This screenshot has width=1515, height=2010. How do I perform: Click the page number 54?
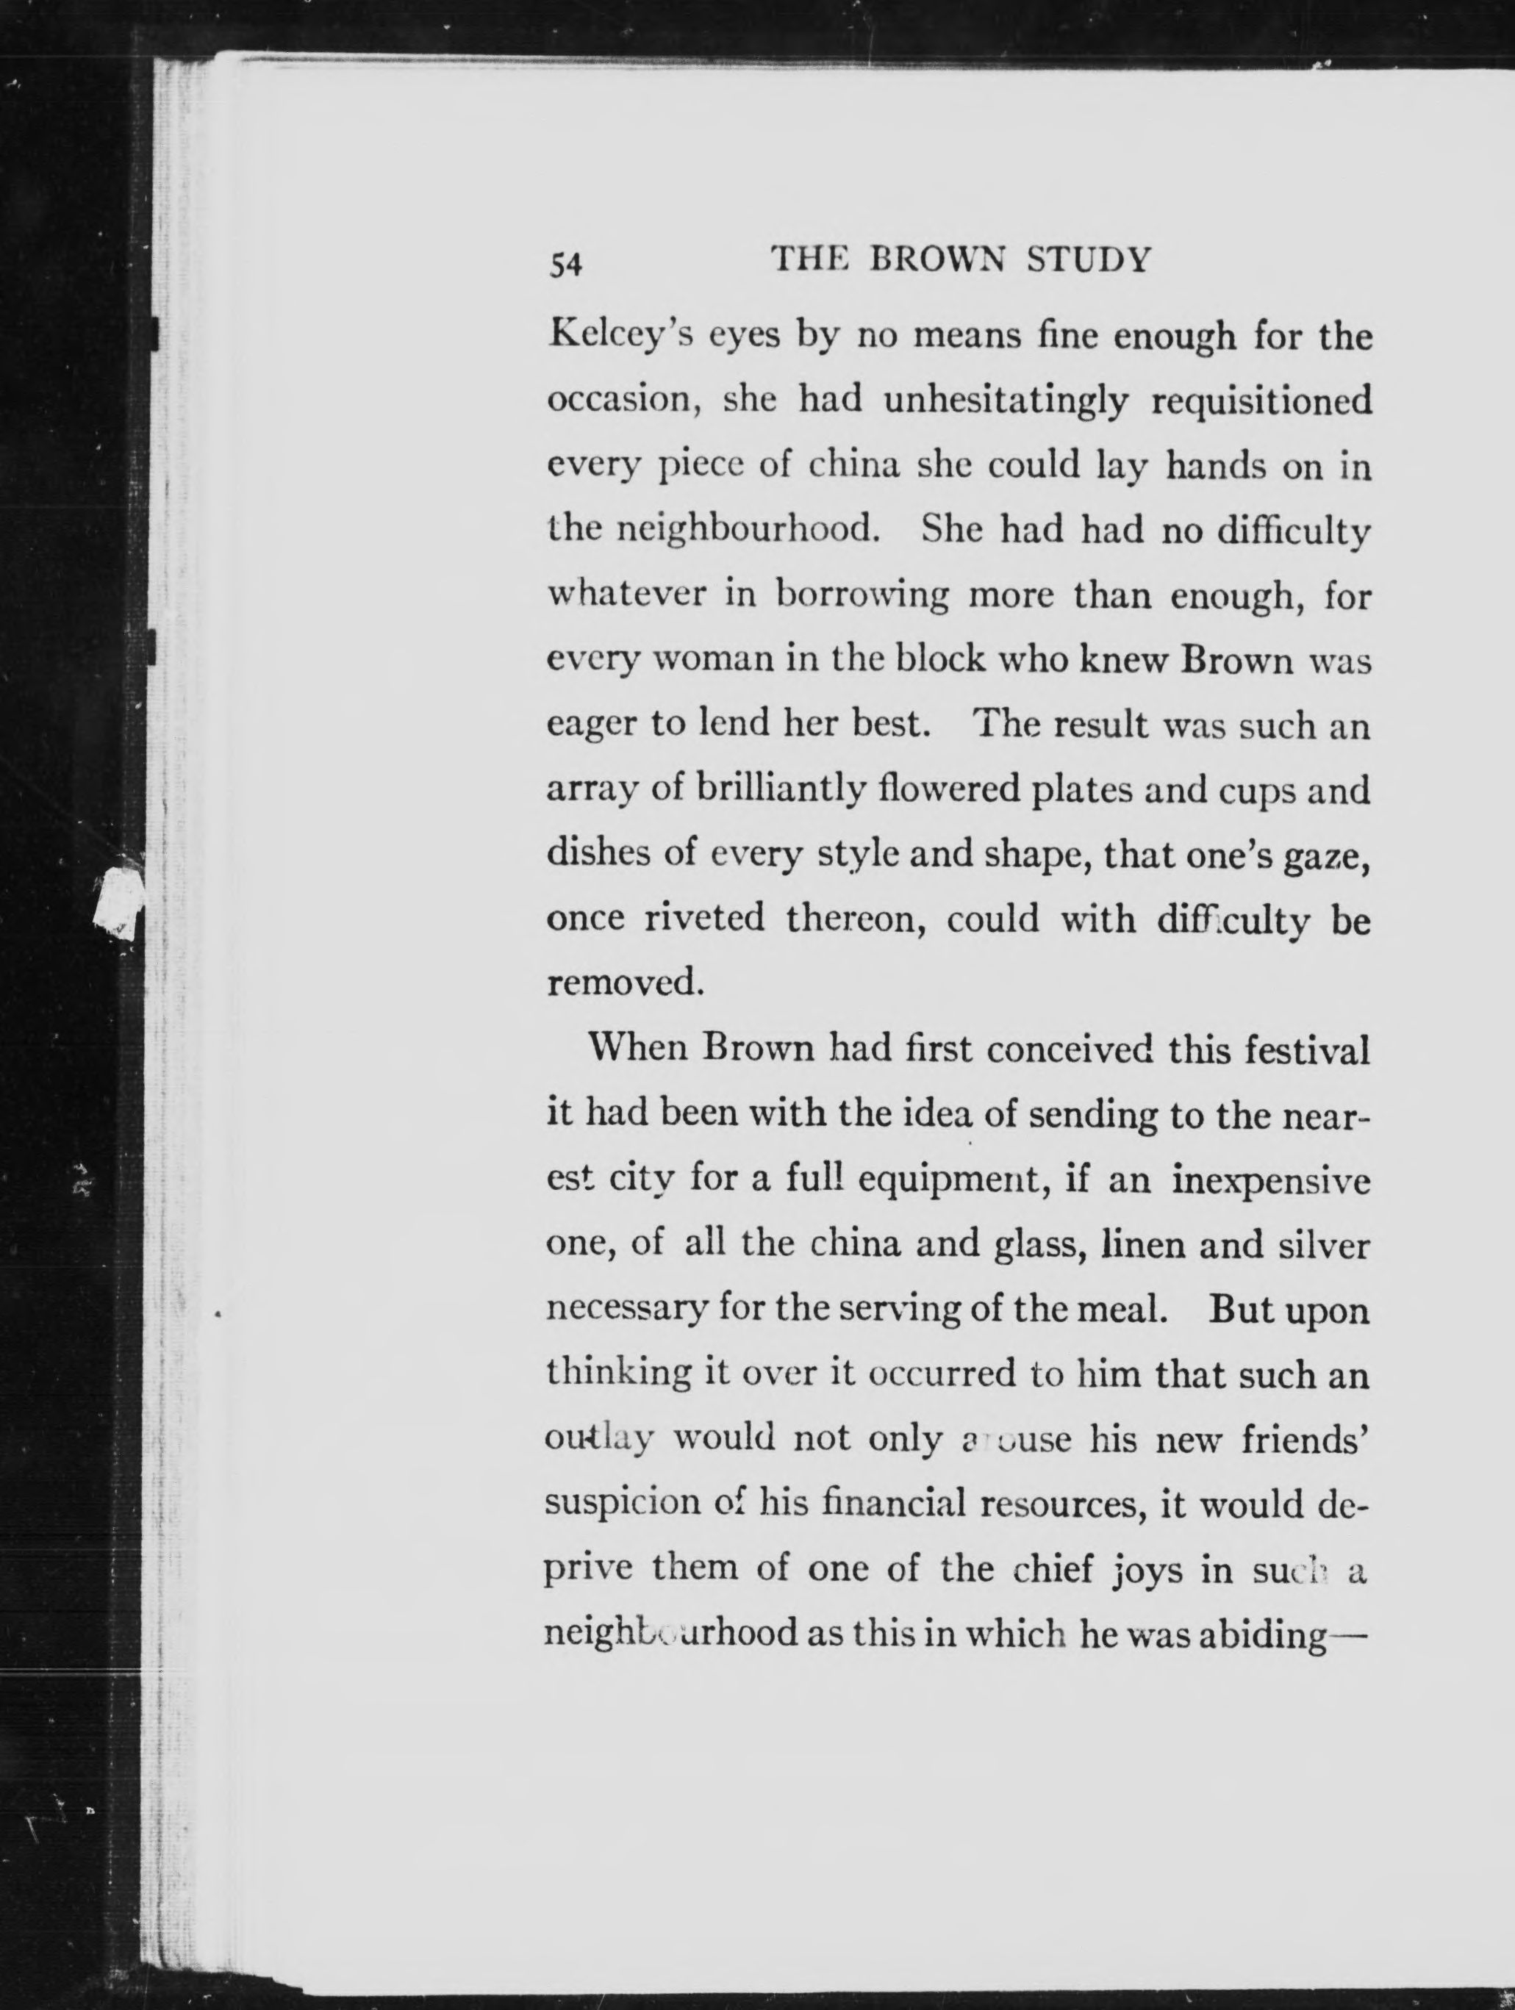pyautogui.click(x=565, y=264)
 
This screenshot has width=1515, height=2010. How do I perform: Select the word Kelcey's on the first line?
pyautogui.click(x=618, y=337)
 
